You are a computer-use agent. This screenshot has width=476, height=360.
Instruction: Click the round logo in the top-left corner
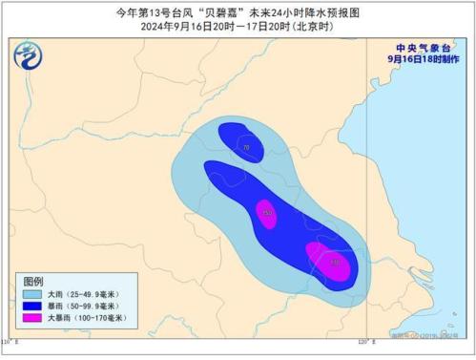pos(29,60)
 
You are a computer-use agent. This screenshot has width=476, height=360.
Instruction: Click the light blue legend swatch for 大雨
pos(31,296)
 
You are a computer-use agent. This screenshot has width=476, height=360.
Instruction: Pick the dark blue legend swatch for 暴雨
pos(31,307)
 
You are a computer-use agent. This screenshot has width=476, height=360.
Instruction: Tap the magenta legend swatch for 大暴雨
pos(31,320)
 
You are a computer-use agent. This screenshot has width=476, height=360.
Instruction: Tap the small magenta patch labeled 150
pos(267,214)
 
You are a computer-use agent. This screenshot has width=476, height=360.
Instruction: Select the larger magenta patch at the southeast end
pos(328,262)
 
